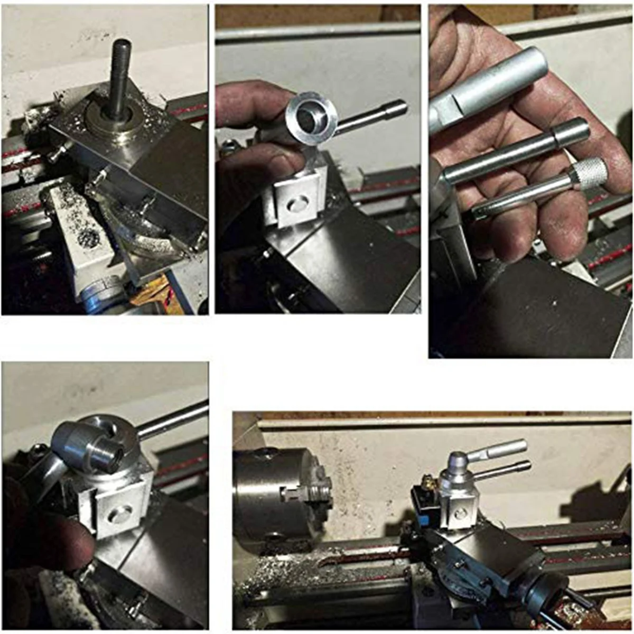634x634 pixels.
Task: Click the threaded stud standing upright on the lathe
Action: [120, 79]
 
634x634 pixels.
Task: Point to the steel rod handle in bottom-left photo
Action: [174, 420]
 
